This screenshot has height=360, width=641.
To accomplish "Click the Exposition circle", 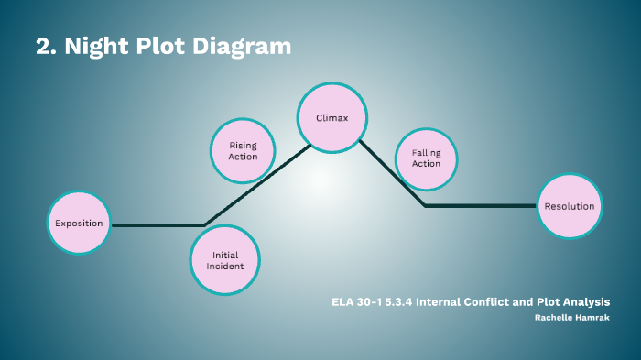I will (x=79, y=224).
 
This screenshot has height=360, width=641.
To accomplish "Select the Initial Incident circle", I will (x=225, y=260).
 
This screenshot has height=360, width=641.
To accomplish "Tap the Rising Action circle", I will (x=243, y=150).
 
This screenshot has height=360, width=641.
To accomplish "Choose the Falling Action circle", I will (x=426, y=158).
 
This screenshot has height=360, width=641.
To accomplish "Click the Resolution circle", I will (x=569, y=206).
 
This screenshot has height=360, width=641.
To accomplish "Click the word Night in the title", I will (x=94, y=47).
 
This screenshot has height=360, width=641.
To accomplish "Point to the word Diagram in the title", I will (x=241, y=47).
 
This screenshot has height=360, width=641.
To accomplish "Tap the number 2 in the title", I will (x=44, y=47).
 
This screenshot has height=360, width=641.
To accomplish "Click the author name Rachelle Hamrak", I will (x=572, y=317).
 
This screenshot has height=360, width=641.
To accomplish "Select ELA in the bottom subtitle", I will (x=342, y=301).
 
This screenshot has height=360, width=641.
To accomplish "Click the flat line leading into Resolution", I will (x=481, y=206).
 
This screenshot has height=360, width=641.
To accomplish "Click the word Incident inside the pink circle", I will (x=225, y=267).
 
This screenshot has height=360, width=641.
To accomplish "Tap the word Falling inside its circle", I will (x=427, y=152).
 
